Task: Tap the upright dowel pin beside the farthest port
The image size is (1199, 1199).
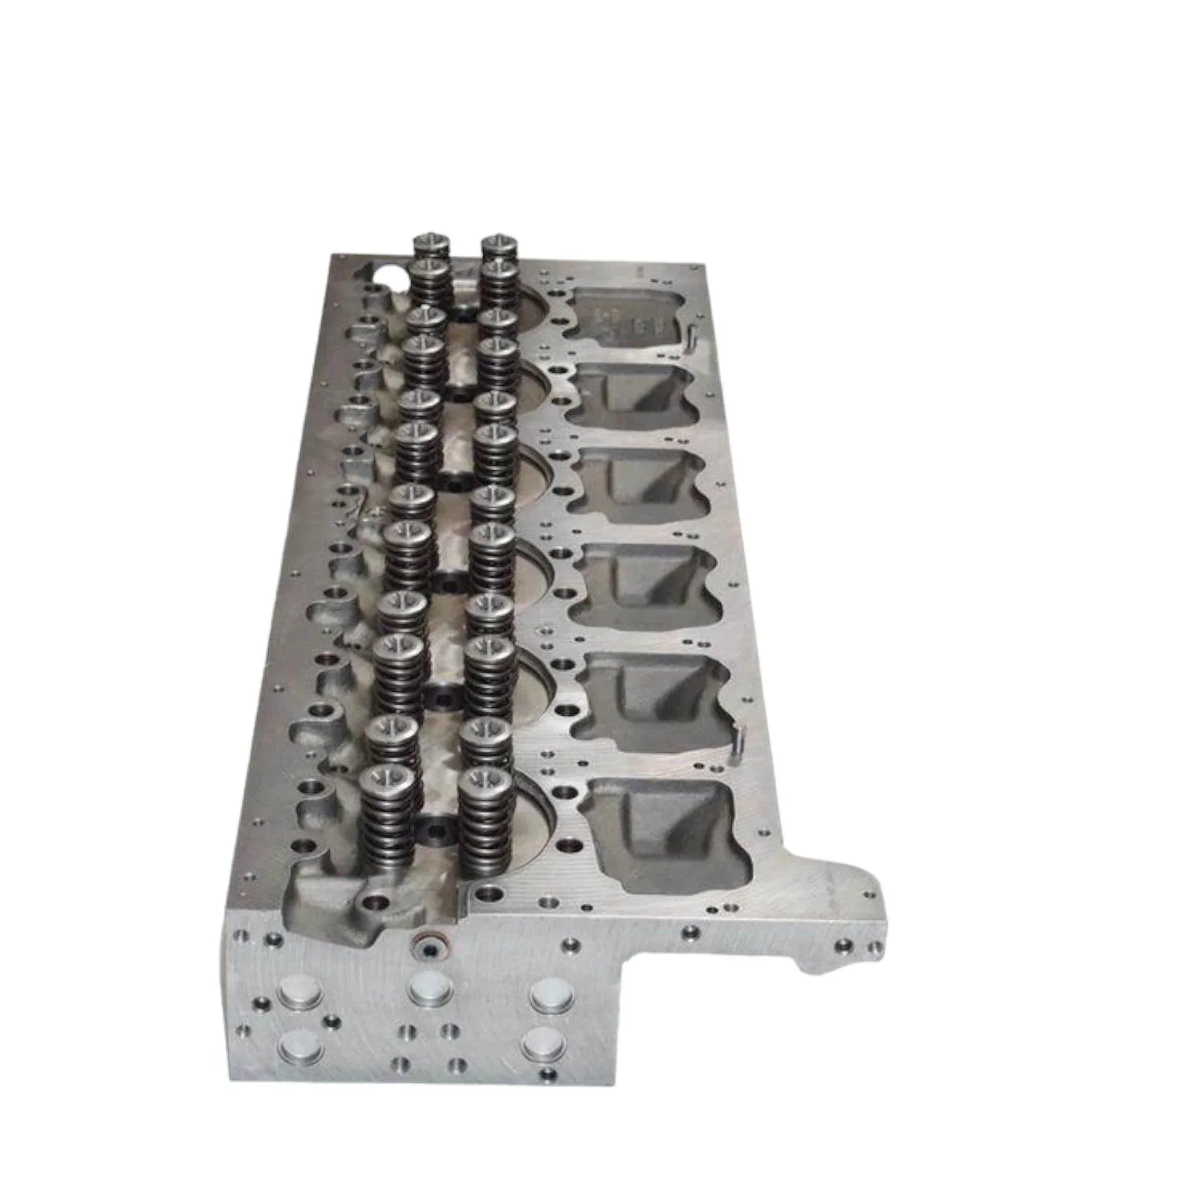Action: tap(690, 335)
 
